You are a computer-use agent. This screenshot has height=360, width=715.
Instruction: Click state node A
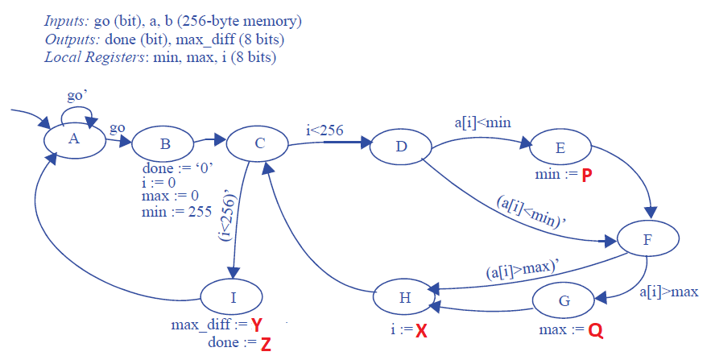point(74,139)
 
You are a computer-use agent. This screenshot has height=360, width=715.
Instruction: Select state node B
point(164,146)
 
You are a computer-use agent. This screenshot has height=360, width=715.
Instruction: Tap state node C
point(258,144)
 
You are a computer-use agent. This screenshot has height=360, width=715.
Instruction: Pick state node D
point(401,144)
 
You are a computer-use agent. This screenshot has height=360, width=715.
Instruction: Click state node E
point(560,148)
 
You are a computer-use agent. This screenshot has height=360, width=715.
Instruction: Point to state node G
point(563,301)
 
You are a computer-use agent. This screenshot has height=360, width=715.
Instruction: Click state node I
point(233,297)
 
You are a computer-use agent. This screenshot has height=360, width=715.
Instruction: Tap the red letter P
point(587,175)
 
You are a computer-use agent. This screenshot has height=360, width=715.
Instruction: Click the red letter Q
point(596,331)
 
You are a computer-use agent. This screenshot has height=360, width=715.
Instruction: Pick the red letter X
point(420,331)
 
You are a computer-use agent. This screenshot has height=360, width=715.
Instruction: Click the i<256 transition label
point(325,130)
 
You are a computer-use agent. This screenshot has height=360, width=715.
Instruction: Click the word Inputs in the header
point(67,19)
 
